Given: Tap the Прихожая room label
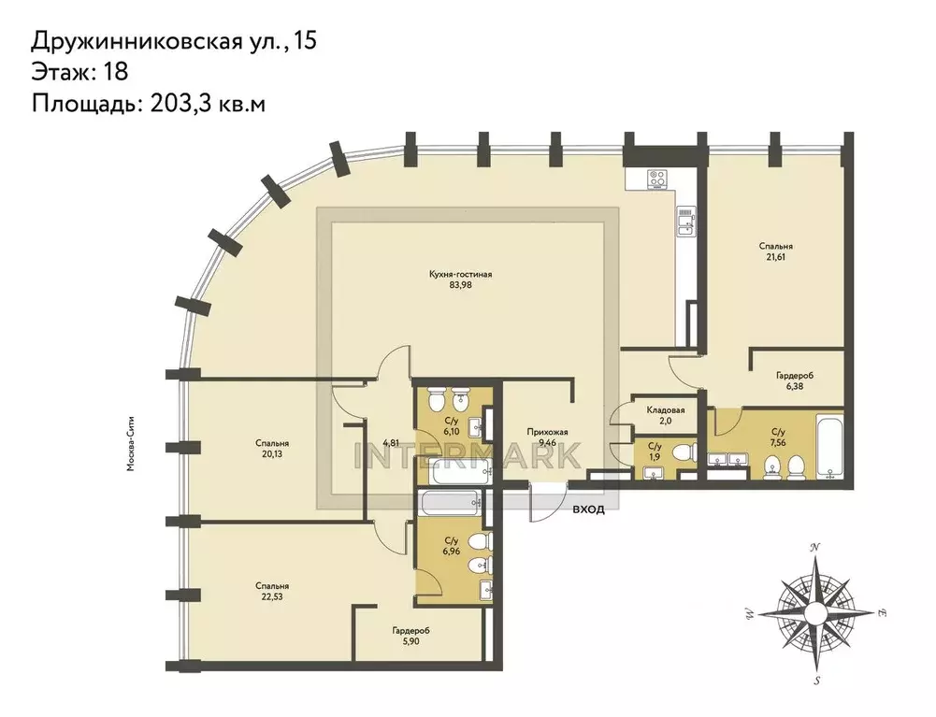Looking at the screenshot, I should (x=547, y=431).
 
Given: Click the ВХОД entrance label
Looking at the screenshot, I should (x=589, y=509).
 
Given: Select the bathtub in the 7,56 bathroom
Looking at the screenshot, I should (x=828, y=446).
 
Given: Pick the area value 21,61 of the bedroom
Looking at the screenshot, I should (x=776, y=259).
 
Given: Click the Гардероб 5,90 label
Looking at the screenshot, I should (x=410, y=638).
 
